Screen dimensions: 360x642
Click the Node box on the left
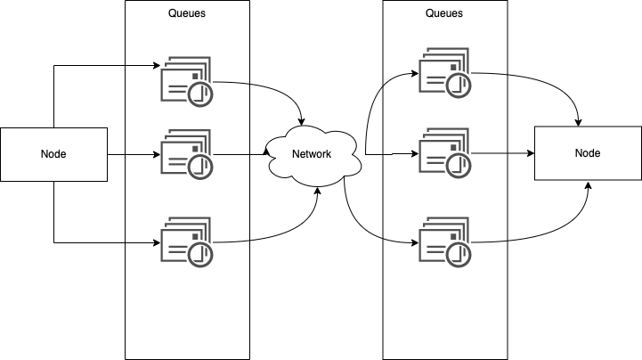53,154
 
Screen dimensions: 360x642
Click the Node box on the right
588,153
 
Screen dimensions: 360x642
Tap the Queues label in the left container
186,13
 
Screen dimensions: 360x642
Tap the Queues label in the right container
444,13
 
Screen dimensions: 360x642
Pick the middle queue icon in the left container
186,154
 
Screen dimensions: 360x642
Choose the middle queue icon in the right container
445,154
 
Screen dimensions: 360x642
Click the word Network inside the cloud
312,154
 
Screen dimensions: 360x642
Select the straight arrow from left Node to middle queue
134,154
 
